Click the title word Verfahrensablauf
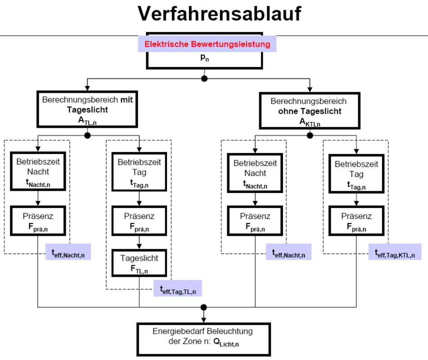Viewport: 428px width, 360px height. [x=219, y=14]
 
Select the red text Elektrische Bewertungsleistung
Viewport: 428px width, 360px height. [x=207, y=44]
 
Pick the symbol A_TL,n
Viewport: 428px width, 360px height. [x=88, y=120]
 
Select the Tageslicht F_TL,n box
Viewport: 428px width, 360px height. [x=139, y=263]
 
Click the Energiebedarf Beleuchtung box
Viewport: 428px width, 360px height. [x=203, y=339]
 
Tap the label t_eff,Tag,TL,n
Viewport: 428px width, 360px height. [x=178, y=288]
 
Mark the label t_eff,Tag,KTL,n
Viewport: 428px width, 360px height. [x=395, y=252]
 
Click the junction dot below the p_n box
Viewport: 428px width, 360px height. [x=204, y=78]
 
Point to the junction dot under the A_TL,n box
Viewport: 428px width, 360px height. [x=88, y=135]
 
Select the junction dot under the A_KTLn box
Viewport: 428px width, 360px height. [x=310, y=135]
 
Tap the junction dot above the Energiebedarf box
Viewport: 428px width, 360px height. [x=203, y=308]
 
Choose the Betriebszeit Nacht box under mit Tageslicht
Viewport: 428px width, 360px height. [x=38, y=172]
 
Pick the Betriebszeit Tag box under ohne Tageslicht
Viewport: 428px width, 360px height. [x=356, y=173]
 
